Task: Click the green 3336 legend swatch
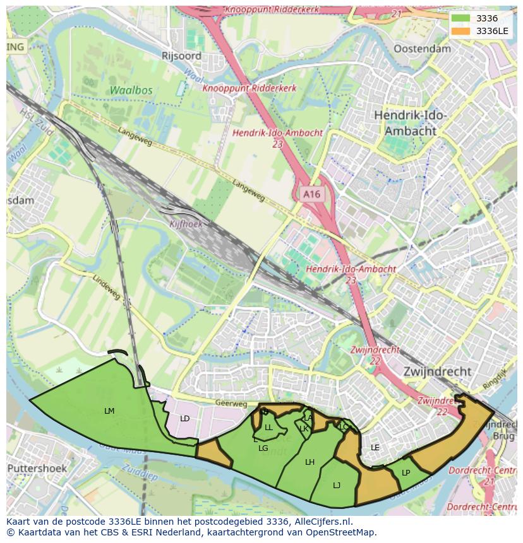click(x=460, y=18)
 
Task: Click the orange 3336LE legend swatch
click(x=460, y=30)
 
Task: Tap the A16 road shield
click(x=311, y=195)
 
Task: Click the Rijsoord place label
click(x=181, y=55)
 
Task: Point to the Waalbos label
click(x=131, y=90)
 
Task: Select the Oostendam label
click(x=422, y=49)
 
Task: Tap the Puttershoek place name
click(x=37, y=469)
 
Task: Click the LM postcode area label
click(x=109, y=411)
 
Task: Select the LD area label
click(x=184, y=419)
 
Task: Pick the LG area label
click(x=263, y=448)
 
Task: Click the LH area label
click(x=310, y=462)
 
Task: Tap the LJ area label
click(x=337, y=485)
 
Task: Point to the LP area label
click(x=406, y=473)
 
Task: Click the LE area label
click(x=375, y=448)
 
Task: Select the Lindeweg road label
click(x=106, y=287)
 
